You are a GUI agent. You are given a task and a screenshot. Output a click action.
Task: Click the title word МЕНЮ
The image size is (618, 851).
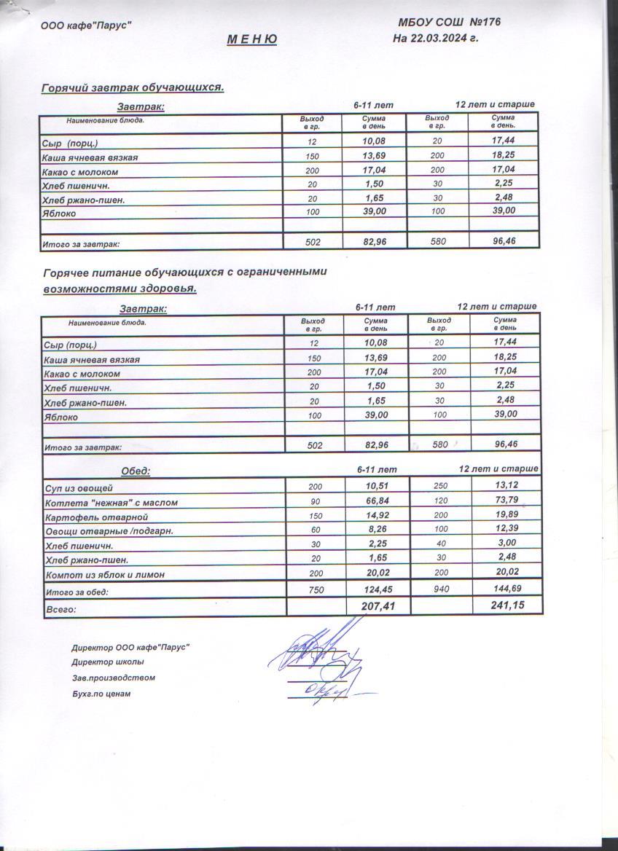(251, 39)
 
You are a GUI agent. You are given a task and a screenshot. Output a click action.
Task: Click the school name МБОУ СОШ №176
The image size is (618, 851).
(449, 23)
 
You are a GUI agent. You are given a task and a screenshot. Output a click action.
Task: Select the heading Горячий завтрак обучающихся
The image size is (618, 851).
(133, 87)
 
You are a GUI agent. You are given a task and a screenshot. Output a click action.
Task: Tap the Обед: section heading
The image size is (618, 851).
(135, 471)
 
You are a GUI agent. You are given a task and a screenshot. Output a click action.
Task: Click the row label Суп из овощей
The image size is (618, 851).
(79, 487)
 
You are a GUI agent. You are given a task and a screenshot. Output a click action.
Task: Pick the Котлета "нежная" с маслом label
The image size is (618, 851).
(112, 502)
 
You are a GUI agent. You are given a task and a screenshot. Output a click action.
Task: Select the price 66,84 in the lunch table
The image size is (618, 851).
(377, 501)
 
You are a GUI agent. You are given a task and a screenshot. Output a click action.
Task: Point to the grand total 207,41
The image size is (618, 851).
(378, 605)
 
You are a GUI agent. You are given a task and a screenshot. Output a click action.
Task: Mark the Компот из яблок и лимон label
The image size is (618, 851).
(105, 575)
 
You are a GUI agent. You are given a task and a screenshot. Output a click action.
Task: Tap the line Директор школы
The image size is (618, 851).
(108, 662)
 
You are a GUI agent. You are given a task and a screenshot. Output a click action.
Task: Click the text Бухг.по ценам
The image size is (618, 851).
(101, 694)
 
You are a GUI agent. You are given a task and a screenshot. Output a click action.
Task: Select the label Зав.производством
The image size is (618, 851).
(113, 678)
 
